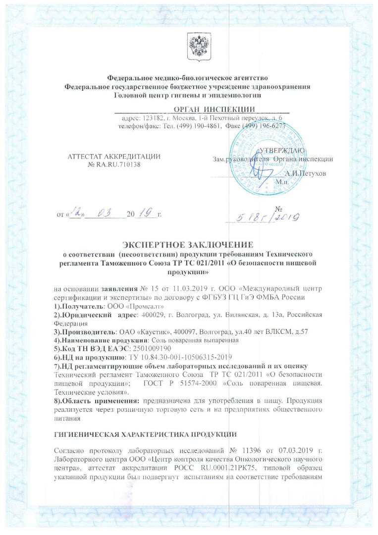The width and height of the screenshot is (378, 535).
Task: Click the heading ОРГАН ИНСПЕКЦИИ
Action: pos(215,109)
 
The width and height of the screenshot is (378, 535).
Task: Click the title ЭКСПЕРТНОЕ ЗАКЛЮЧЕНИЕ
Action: pos(188,244)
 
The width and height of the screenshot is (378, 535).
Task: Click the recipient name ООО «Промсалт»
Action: pos(118,308)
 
